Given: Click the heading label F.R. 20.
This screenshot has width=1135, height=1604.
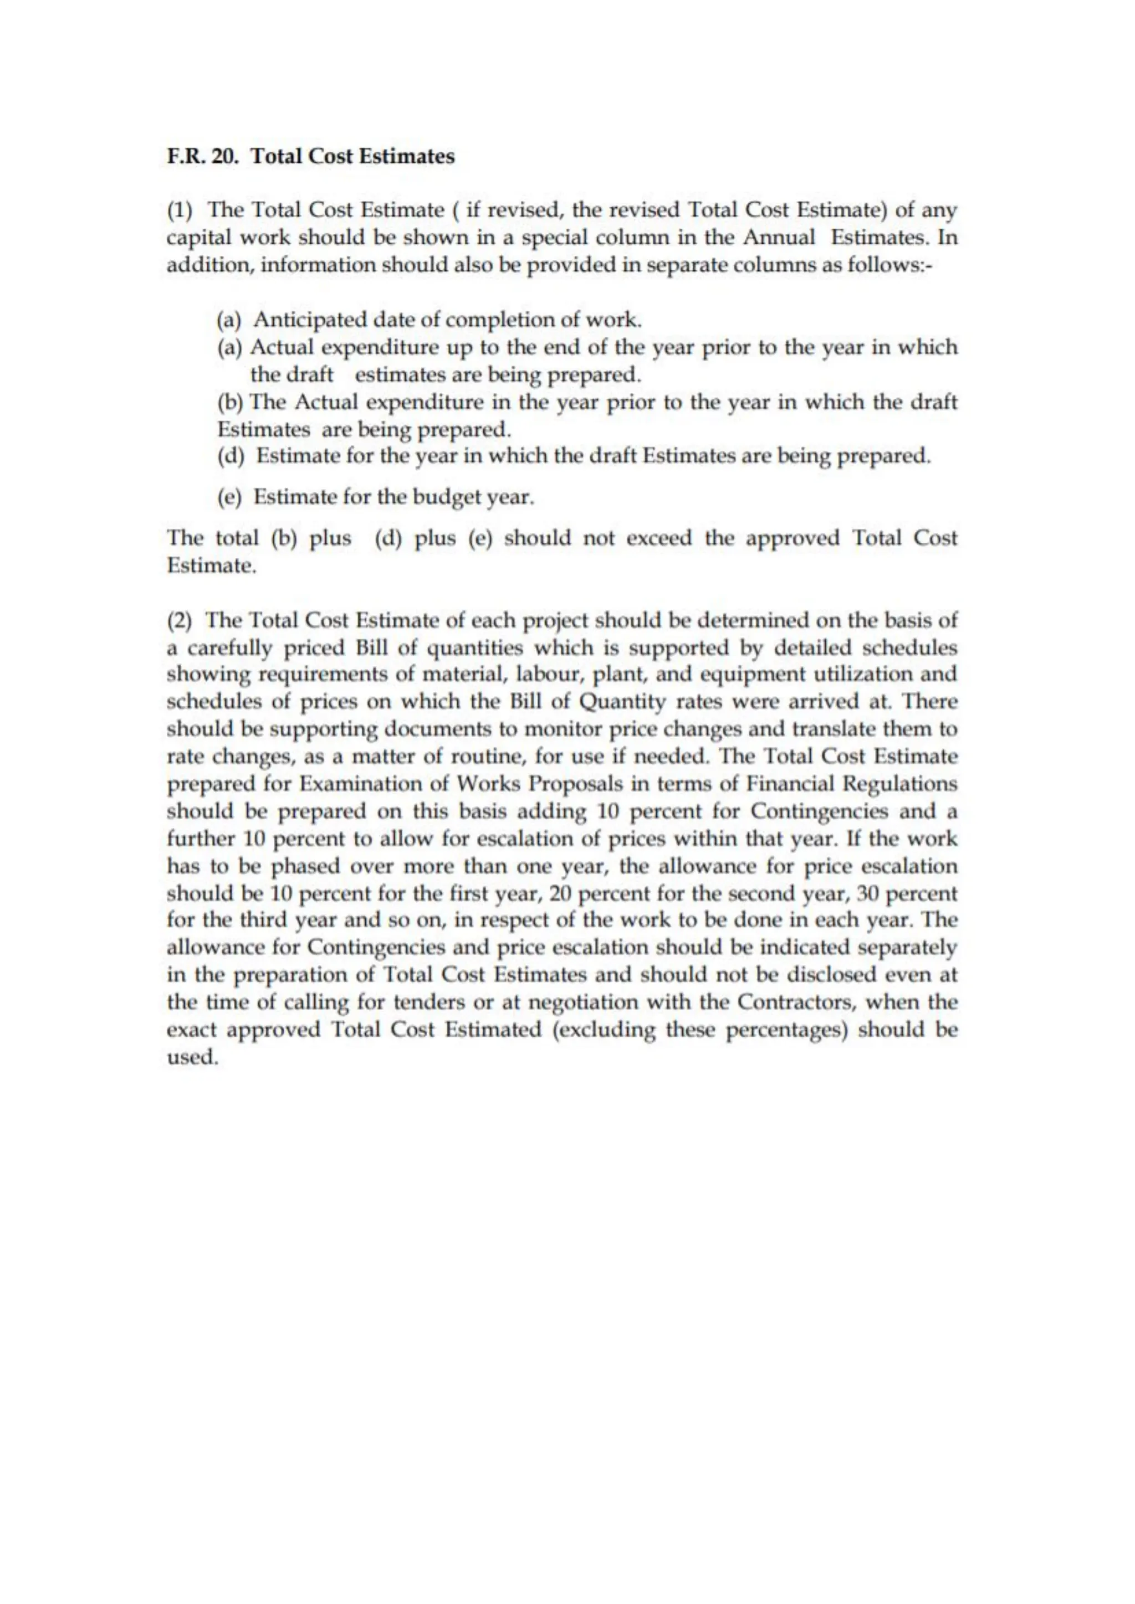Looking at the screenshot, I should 203,156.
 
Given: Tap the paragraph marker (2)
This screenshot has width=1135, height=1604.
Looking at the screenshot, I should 179,620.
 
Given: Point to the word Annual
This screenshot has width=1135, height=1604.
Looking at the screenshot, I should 779,238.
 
